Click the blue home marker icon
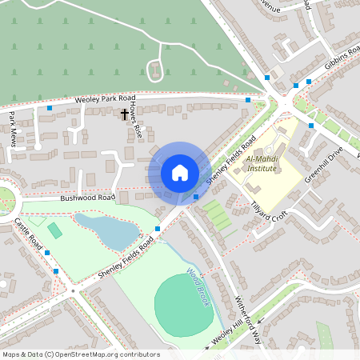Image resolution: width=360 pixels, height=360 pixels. [x=180, y=173]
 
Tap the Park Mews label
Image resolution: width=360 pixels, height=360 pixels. [x=12, y=128]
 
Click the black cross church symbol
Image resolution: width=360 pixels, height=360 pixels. [x=124, y=114]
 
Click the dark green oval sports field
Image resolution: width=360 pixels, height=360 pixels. [x=183, y=305]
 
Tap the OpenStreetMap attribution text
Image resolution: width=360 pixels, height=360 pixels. [x=80, y=354]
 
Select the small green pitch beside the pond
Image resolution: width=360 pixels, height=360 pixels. [x=54, y=230]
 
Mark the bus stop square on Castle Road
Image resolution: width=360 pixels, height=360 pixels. [x=47, y=253]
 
